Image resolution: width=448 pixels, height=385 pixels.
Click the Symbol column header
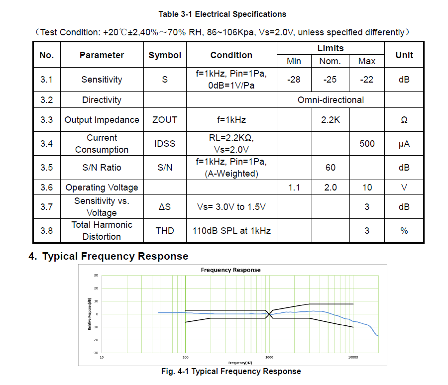165,55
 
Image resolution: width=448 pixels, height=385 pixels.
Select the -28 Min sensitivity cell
294,80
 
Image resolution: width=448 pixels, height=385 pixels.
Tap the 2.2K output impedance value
331,120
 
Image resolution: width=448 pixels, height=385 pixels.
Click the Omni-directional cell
331,100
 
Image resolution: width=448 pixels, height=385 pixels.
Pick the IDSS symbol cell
165,144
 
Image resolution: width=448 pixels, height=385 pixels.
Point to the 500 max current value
367,144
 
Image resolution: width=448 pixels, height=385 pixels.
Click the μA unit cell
404,144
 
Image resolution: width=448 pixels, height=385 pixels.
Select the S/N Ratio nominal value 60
331,168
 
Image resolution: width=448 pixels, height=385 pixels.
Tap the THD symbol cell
165,231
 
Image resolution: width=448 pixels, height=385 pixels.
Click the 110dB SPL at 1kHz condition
231,231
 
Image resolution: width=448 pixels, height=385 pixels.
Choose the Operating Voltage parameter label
102,188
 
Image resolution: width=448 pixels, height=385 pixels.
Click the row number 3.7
47,207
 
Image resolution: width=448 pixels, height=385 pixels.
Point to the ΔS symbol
165,207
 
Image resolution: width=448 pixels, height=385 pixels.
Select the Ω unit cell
404,120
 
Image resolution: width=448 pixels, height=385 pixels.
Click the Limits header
331,48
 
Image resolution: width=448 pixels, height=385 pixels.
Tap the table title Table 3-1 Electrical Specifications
223,14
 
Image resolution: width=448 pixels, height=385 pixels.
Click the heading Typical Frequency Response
115,256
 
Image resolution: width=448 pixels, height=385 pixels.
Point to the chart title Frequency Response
230,270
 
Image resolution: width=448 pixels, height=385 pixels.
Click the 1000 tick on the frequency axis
269,357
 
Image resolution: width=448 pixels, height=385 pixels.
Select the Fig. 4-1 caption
231,372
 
